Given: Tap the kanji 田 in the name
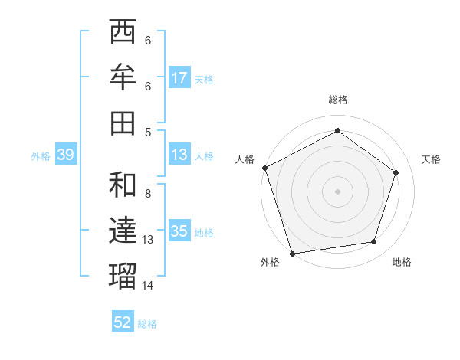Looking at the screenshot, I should point(123,123).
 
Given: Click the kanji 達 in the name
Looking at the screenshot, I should point(123,230).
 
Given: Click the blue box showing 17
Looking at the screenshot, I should point(179,78).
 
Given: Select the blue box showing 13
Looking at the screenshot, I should point(179,155).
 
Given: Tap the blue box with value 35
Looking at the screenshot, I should point(179,232).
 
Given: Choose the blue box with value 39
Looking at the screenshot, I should point(65,155).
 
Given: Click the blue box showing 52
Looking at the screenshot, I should point(123,323).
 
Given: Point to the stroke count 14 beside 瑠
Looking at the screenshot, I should point(148,286).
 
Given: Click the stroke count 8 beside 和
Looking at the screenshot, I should point(148,194).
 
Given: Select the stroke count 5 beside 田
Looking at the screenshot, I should point(148,132).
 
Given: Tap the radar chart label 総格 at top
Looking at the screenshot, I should point(338,100).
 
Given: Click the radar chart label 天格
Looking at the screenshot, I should point(432,159).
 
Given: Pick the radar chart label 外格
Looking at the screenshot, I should point(270,262).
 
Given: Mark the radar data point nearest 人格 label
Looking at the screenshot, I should point(264,168).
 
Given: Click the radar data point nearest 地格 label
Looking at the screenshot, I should point(374,242).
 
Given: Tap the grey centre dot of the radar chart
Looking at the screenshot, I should point(337,191).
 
